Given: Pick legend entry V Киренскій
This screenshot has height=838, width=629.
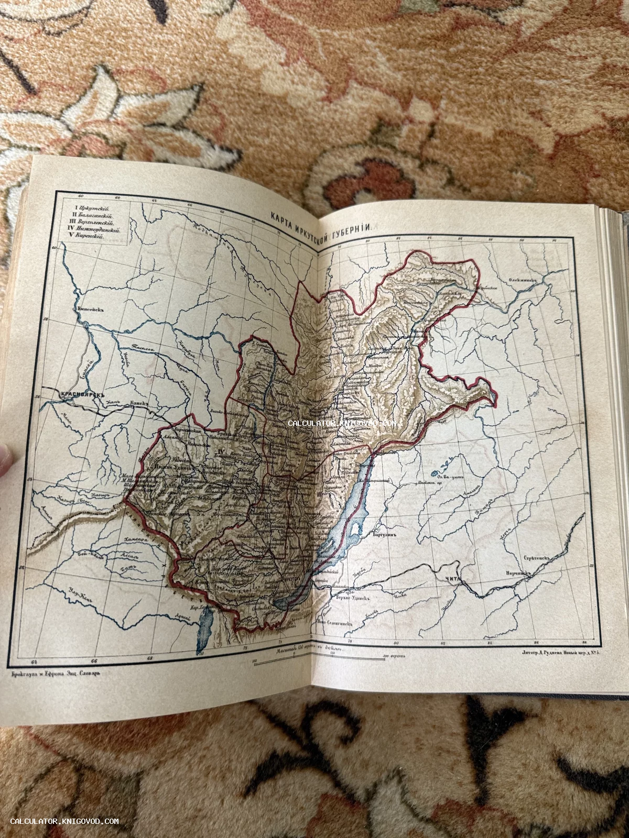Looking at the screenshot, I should [85, 237].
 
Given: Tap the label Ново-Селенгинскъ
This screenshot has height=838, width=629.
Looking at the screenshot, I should [335, 624].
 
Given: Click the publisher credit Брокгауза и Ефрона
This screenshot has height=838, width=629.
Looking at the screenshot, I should [55, 674].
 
